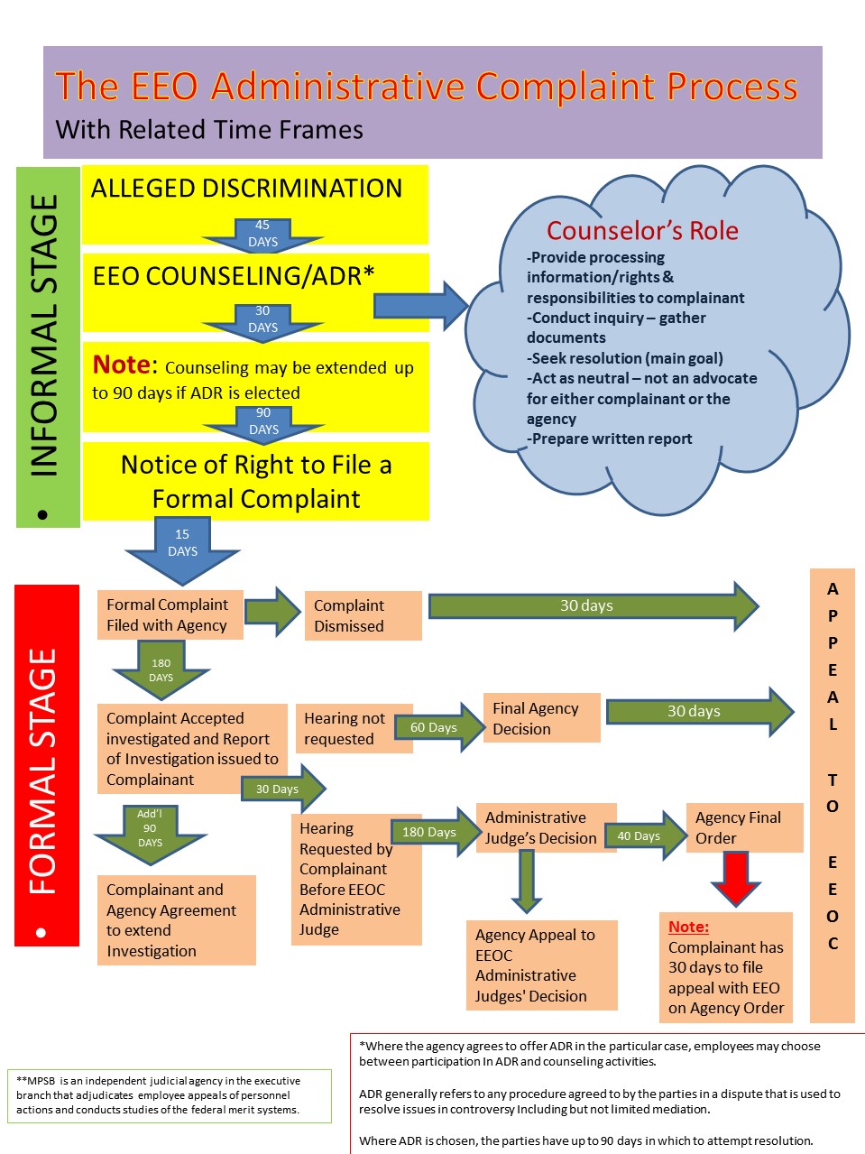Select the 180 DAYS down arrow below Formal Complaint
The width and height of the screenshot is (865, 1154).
(161, 670)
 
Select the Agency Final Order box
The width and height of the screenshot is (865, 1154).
(743, 827)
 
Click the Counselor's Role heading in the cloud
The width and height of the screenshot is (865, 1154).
(642, 231)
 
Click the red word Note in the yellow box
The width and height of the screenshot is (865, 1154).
(124, 365)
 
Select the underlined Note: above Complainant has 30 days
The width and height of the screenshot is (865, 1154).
(688, 927)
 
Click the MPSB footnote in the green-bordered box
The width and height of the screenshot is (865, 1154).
(169, 1095)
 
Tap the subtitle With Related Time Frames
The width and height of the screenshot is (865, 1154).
(209, 130)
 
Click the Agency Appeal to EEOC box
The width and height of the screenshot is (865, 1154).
(541, 965)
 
